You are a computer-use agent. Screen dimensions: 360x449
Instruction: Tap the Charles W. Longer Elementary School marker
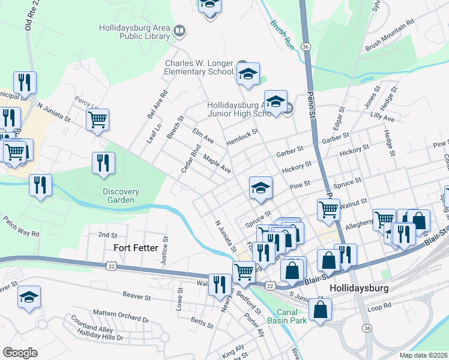pos(247,74)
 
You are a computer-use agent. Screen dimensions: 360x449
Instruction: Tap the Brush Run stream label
pos(282,35)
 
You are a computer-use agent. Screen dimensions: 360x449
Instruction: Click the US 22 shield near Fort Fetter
pos(110,264)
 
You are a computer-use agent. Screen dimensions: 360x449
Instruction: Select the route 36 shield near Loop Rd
pos(366,328)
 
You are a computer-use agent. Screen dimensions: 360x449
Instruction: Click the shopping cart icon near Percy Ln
pos(97,119)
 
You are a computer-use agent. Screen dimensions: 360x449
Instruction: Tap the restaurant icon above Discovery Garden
pos(103,163)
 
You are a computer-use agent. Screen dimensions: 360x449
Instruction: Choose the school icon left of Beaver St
pos(29,298)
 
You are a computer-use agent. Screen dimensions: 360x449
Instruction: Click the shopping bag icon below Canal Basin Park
pos(321,310)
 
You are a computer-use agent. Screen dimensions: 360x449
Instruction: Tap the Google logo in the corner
pos(20,353)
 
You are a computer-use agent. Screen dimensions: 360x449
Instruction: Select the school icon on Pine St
pos(261,188)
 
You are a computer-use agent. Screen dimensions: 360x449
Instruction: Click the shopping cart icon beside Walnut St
pos(328,210)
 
